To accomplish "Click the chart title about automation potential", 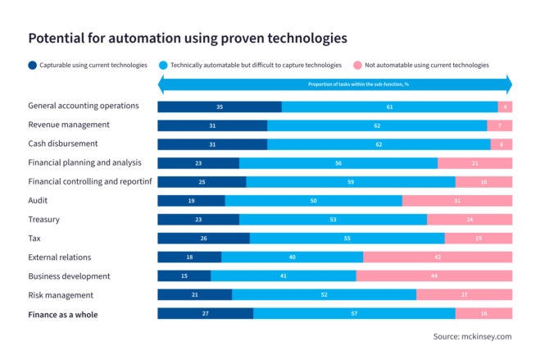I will coord(188,38).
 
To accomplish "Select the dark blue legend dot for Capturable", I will coord(32,65).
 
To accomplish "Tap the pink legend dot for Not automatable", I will coord(357,65).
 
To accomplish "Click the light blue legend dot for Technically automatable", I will coord(163,65).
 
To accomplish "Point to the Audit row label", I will coord(39,200).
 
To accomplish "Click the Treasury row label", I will coord(43,219).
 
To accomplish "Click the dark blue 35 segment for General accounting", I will coord(220,107).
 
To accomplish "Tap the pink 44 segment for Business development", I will coord(433,276).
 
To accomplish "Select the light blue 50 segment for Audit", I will coord(314,201).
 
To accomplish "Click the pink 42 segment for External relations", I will coord(438,257).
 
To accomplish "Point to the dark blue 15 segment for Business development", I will coord(184,276).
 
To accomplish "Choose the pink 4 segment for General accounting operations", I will coord(505,107).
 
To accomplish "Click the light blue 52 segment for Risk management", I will coord(324,295).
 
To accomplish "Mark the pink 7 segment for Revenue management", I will coord(499,125).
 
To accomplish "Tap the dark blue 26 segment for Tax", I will coord(203,239).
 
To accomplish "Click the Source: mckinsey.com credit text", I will coord(472,336).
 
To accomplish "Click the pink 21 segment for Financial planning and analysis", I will coord(474,163).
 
